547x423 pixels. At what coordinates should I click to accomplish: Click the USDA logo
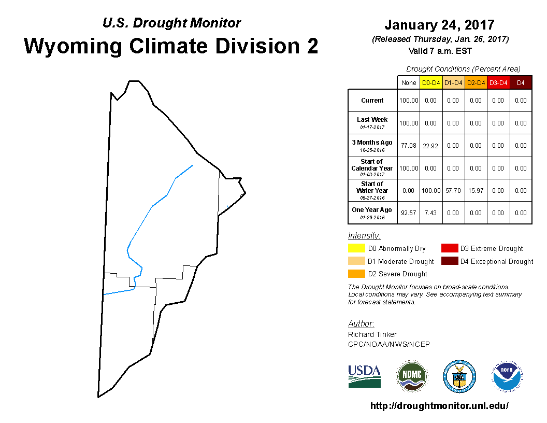click(x=364, y=376)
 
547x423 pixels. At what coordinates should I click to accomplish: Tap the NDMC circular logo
click(x=412, y=376)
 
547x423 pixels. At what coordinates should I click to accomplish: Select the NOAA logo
click(x=507, y=376)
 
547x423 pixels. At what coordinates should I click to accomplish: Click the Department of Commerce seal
click(x=459, y=376)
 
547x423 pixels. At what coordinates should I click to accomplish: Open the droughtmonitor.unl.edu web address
click(x=439, y=405)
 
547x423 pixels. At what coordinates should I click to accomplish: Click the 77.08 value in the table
click(x=409, y=146)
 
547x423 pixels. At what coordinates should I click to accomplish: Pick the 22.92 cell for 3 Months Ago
click(x=430, y=146)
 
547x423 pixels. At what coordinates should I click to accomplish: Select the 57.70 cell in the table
click(x=453, y=191)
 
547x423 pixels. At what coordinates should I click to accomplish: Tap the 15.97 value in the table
click(x=476, y=191)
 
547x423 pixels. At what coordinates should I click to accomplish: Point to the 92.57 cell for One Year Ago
click(x=409, y=213)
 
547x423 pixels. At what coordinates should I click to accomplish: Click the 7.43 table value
click(x=430, y=213)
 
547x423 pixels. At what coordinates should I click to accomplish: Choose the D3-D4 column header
click(x=498, y=83)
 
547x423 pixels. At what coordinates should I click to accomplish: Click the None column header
click(x=409, y=83)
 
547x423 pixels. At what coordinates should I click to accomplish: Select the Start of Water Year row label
click(x=372, y=191)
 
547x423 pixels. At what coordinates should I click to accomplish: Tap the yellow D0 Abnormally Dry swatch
click(x=356, y=248)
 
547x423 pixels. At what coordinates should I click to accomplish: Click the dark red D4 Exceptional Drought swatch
click(x=450, y=261)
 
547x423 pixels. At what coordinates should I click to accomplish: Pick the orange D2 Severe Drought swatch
click(x=356, y=274)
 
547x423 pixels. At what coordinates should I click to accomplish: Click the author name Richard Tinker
click(x=372, y=334)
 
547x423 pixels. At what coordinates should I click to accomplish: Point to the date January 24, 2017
click(x=440, y=25)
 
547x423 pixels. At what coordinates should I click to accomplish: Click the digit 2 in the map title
click(x=312, y=46)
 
